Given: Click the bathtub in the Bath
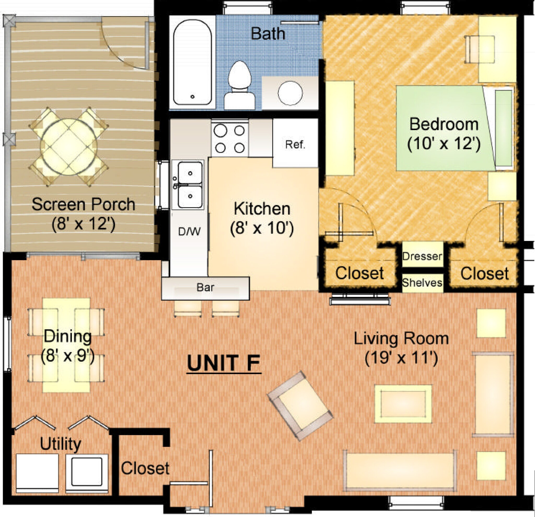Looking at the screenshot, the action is tap(193, 62).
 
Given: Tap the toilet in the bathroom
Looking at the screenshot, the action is tap(240, 85).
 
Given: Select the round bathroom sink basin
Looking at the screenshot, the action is tap(290, 93).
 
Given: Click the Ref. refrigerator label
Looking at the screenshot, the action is tap(295, 144).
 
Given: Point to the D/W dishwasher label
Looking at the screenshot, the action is tap(189, 232).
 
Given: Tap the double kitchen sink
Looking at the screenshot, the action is tap(190, 185).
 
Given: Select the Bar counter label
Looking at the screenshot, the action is tap(205, 287).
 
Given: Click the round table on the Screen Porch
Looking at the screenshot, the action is tap(69, 147).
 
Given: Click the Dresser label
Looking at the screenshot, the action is tap(422, 256).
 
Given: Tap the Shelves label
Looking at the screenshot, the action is tap(422, 283).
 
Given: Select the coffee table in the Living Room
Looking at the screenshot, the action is tap(403, 404).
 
